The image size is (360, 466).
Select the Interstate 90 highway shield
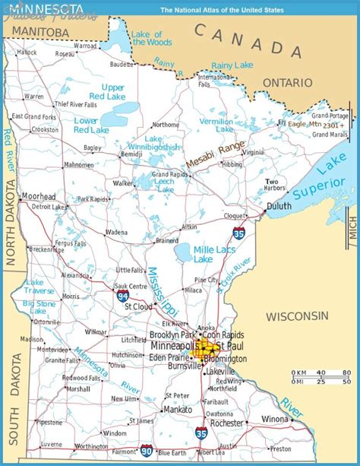(146, 452)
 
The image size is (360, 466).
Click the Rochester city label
(227, 423)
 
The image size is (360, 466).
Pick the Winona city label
(275, 419)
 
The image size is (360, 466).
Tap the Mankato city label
(177, 409)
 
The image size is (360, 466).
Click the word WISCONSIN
(297, 315)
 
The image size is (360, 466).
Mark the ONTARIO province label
(287, 82)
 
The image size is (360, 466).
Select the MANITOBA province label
(36, 32)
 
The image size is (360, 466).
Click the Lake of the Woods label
(147, 38)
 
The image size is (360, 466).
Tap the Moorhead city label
(38, 195)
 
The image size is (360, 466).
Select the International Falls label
(214, 80)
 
